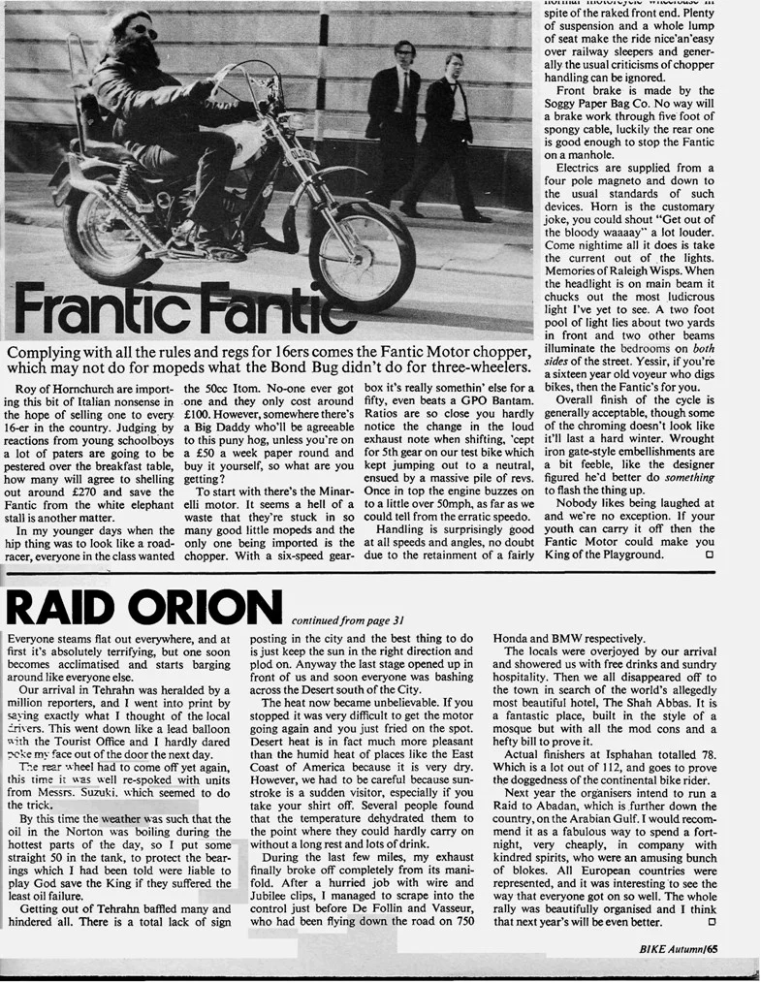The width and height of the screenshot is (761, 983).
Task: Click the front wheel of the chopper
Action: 361,256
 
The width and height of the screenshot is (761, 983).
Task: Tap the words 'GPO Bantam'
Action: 482,403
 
